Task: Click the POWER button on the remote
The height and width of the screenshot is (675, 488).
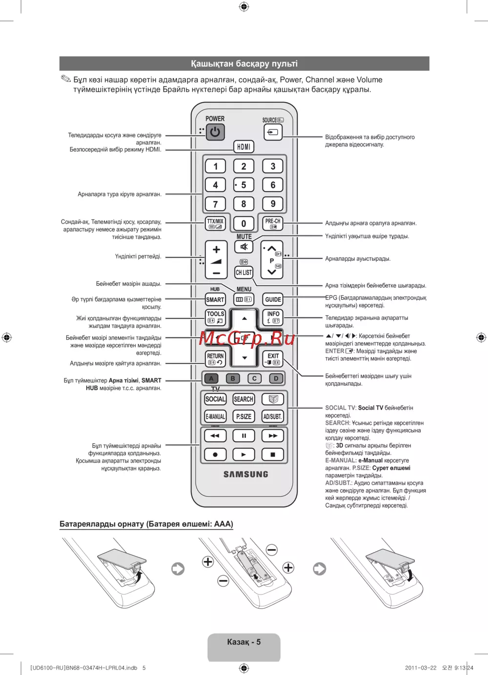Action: [x=215, y=132]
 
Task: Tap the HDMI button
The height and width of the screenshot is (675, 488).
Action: [x=244, y=146]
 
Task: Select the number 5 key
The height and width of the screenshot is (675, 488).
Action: [x=244, y=185]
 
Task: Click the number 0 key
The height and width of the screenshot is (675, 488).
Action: [x=244, y=223]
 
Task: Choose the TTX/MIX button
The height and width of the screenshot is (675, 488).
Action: [x=215, y=223]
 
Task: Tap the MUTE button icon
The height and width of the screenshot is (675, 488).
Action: [x=244, y=247]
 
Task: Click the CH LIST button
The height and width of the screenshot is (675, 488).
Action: [x=244, y=272]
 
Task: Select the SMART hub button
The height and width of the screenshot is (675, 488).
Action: [x=215, y=299]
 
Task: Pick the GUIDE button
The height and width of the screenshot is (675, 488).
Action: [x=273, y=299]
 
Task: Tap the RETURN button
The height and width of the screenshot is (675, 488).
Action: [x=215, y=359]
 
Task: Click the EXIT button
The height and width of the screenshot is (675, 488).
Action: [x=273, y=359]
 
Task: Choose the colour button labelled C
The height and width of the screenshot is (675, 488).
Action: [x=254, y=378]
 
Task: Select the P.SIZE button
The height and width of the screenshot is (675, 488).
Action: [x=244, y=417]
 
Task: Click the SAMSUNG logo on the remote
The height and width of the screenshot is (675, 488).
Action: [x=246, y=474]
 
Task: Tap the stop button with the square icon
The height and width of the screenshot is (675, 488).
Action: [x=273, y=455]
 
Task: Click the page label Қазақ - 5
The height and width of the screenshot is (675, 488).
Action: [x=244, y=642]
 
